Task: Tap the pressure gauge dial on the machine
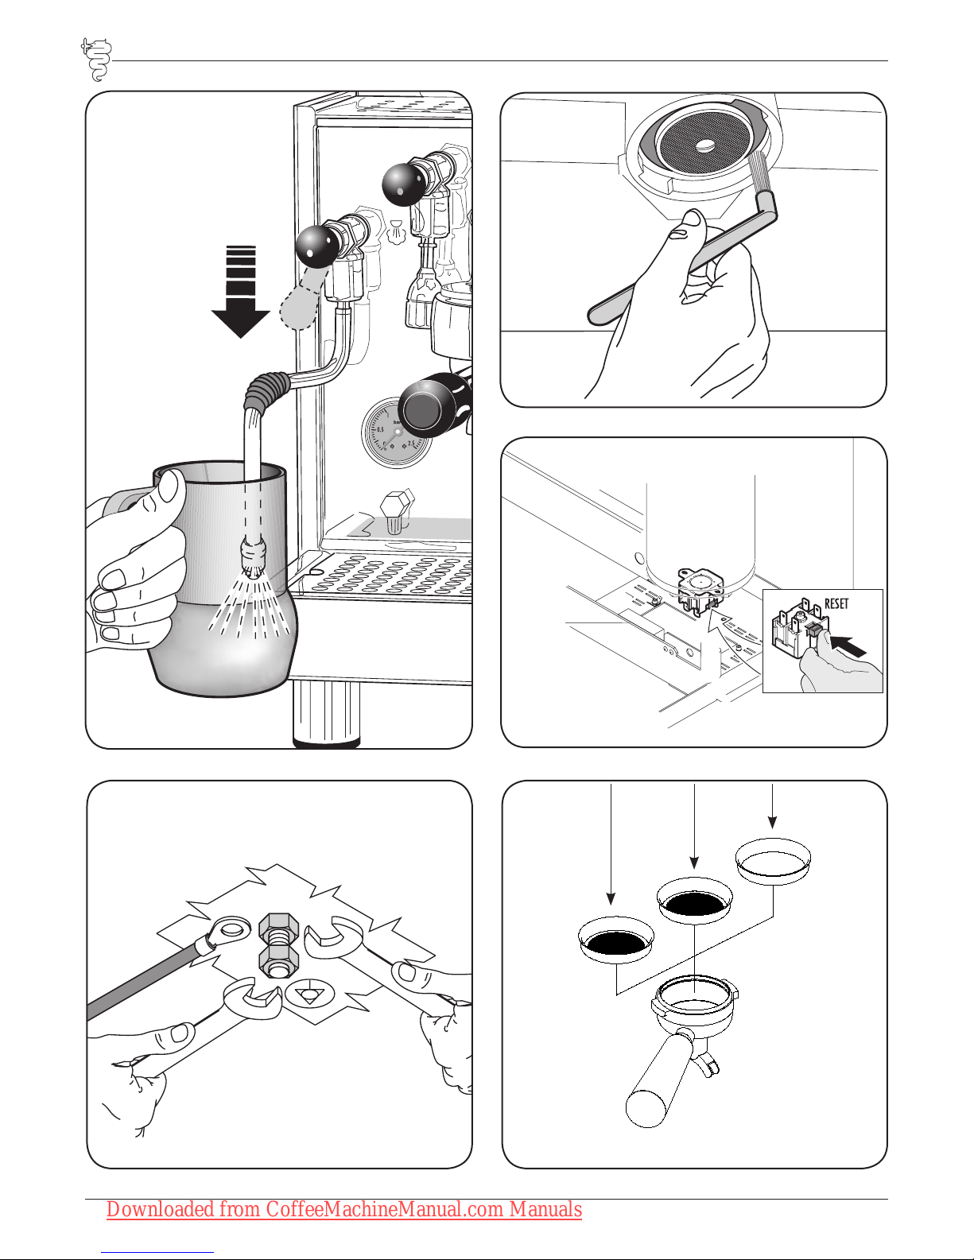coord(395,434)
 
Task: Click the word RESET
coord(836,603)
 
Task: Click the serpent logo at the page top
coord(96,59)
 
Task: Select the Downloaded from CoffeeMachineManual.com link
coord(343,1209)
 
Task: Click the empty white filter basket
coord(773,860)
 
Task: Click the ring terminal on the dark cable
coord(230,929)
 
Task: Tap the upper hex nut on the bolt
coord(278,926)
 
